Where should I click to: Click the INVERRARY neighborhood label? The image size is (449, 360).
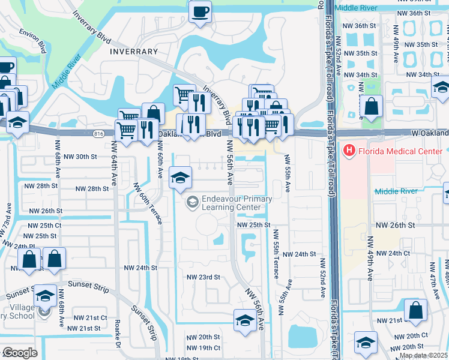pos(134,52)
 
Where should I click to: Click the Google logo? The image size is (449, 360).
pos(20,353)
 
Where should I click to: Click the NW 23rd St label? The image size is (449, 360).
pos(203,277)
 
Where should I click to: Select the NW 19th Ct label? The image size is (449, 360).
pos(201,348)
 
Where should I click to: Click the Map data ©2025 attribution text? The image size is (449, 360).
pos(423,356)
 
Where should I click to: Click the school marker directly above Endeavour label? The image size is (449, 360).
pos(180,178)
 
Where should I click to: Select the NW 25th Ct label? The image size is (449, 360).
pos(44,225)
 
